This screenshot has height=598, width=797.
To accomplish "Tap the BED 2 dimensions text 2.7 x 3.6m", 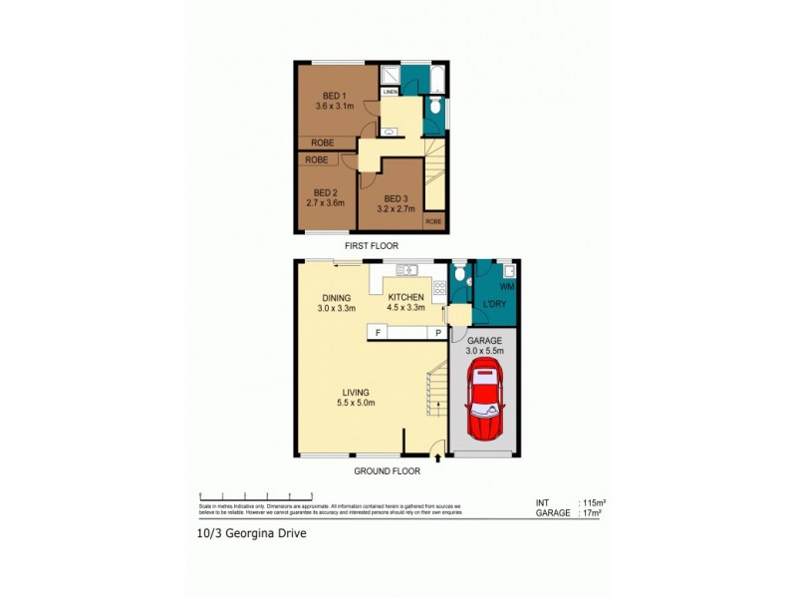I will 325,203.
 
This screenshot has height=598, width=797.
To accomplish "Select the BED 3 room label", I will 396,197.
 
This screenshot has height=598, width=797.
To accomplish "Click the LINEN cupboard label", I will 390,93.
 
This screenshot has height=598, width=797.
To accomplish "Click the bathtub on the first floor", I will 435,78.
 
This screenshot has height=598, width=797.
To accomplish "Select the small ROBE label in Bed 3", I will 433,221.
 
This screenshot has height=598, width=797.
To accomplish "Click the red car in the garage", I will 486,404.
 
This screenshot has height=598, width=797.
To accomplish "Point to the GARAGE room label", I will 486,340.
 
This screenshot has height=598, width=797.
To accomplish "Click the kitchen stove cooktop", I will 438,289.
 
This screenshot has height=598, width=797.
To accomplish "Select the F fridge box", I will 379,333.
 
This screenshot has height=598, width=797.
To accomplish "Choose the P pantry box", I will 436,333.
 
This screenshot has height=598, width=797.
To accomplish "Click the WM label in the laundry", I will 506,286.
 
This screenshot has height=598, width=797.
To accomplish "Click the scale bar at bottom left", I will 256,496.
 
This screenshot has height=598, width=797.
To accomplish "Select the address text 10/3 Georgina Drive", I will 252,533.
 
